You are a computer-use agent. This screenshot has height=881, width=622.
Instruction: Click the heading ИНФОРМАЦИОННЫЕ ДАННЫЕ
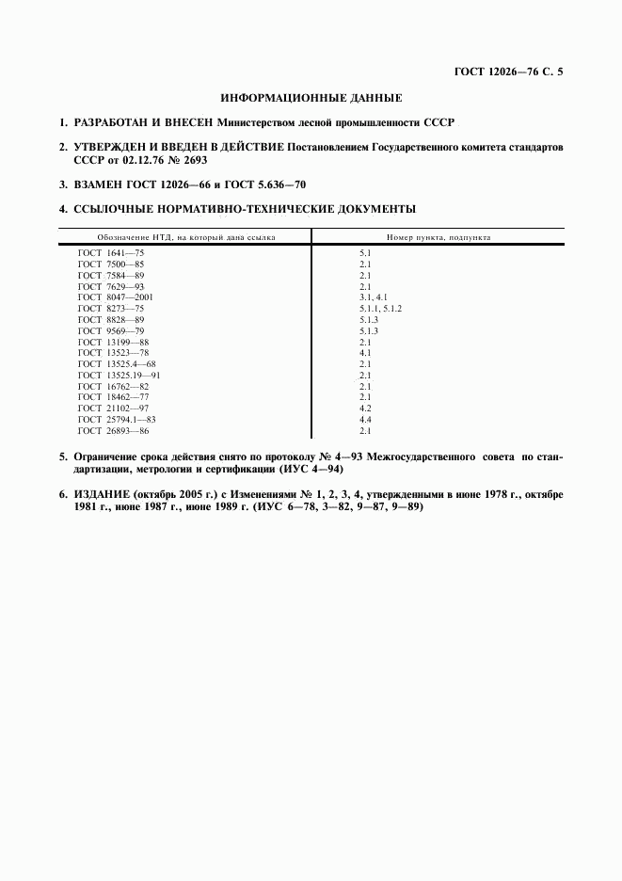[311, 97]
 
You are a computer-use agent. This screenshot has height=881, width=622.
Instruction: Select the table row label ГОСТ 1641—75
[111, 254]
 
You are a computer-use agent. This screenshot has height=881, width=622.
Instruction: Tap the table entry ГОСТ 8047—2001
[115, 296]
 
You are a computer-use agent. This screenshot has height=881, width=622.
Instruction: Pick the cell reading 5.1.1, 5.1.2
[380, 307]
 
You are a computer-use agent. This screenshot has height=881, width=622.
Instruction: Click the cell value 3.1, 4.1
[373, 296]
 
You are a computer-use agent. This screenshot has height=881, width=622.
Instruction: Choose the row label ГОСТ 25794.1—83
[117, 419]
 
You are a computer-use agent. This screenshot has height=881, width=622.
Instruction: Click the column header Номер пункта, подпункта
[438, 238]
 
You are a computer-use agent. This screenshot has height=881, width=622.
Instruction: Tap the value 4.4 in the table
[365, 419]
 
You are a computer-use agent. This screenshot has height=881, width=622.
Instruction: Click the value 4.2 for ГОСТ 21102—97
[365, 408]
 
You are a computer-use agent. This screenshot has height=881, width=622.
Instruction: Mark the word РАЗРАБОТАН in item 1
[106, 122]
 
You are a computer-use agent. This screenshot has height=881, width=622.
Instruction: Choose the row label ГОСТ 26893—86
[113, 430]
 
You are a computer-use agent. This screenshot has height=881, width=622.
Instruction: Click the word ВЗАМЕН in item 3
[97, 184]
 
